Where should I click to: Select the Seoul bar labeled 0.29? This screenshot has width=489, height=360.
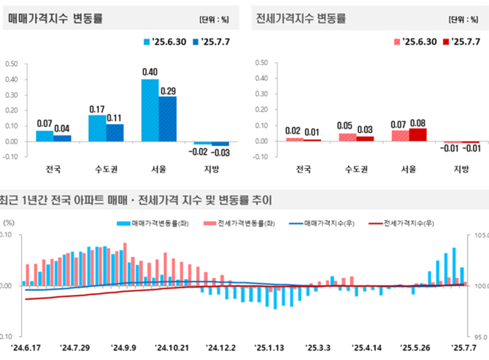[168, 118]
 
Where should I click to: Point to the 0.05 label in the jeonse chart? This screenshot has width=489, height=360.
[344, 126]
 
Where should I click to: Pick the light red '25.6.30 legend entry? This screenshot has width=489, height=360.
[416, 42]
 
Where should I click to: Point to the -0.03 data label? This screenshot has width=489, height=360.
[221, 152]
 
